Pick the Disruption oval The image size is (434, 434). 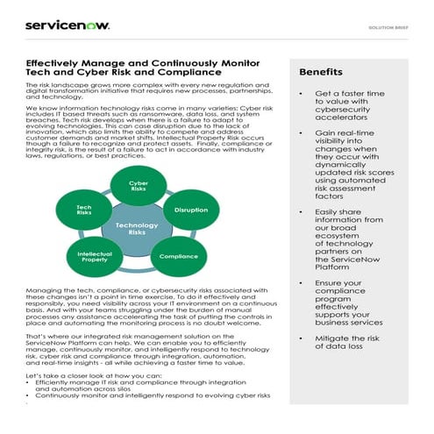click(191, 210)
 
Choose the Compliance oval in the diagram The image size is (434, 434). click(178, 256)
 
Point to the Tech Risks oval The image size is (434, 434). click(84, 210)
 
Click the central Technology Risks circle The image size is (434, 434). click(138, 229)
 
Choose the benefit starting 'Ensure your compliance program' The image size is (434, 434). click(349, 302)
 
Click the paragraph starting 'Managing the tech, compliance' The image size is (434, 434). click(145, 309)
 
